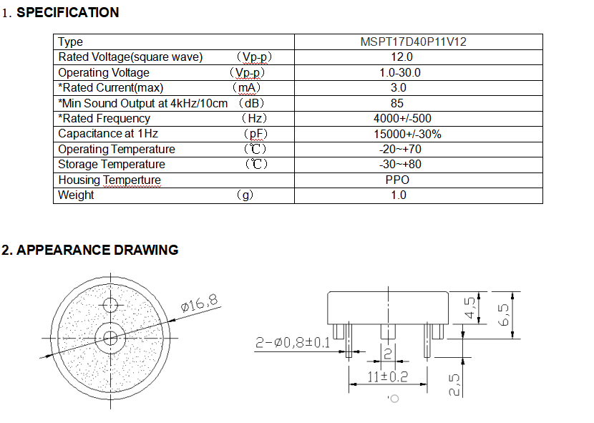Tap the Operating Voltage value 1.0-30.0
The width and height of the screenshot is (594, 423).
(400, 72)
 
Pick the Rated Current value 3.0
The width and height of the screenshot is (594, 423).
(399, 87)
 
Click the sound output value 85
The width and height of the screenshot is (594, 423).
(399, 103)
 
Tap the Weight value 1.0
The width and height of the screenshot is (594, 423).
(399, 195)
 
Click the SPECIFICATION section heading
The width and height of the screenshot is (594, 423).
(67, 12)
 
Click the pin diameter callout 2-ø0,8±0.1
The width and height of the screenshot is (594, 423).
(293, 343)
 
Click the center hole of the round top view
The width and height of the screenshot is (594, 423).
(110, 337)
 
